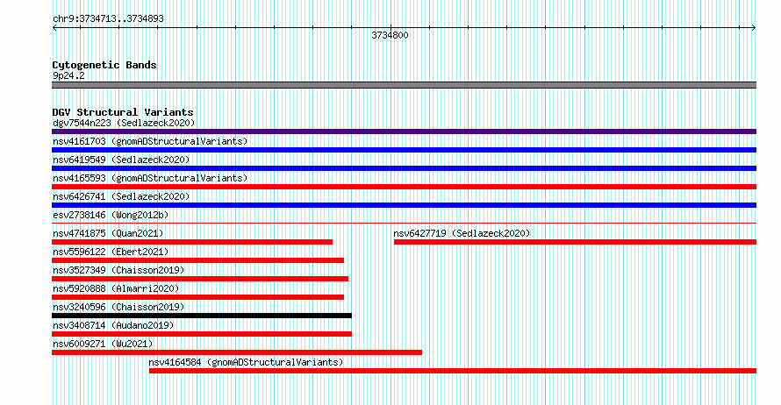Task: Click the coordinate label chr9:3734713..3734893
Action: coord(108,19)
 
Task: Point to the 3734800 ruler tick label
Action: coord(390,35)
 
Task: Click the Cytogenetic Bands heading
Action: coord(104,65)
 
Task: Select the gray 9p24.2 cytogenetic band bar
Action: coord(404,85)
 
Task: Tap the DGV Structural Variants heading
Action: coord(123,112)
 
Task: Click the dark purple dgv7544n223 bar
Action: coord(404,131)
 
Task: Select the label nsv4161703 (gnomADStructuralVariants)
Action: coord(150,142)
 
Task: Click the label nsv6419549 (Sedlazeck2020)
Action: coord(121,160)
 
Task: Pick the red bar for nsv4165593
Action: coord(404,187)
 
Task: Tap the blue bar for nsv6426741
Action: coord(404,205)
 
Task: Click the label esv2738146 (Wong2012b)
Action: coord(111,216)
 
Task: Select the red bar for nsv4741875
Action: coord(192,242)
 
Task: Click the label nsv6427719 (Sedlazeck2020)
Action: coord(462,233)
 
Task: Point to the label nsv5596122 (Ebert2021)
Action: coord(111,252)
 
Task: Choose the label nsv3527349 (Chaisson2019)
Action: coord(118,271)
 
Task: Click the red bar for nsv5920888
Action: coord(197,297)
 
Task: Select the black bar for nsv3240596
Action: coord(202,316)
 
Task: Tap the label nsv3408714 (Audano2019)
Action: coord(113,326)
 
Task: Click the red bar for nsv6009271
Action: coord(237,352)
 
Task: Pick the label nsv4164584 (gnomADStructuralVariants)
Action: coord(246,363)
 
